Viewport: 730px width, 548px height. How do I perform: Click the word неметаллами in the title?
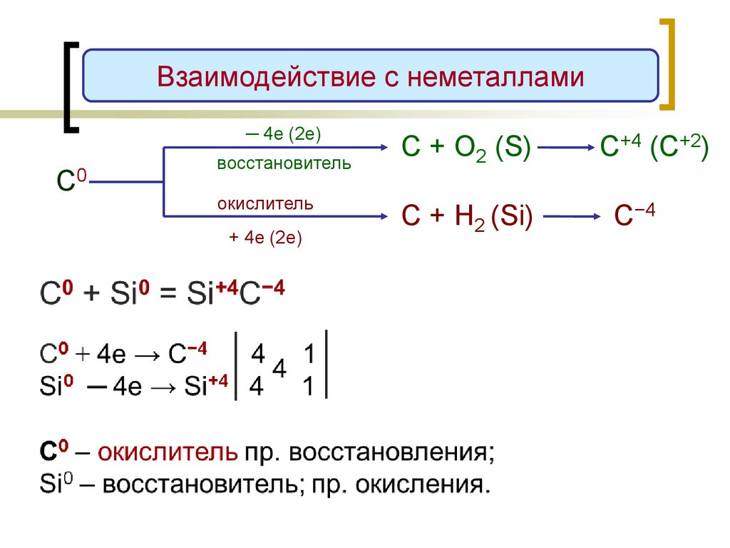[495, 76]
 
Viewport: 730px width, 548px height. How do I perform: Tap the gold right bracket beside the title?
[667, 64]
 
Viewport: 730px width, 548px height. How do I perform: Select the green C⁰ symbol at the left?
[71, 181]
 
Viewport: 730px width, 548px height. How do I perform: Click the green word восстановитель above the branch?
[284, 163]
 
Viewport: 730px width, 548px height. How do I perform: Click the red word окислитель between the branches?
[265, 204]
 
